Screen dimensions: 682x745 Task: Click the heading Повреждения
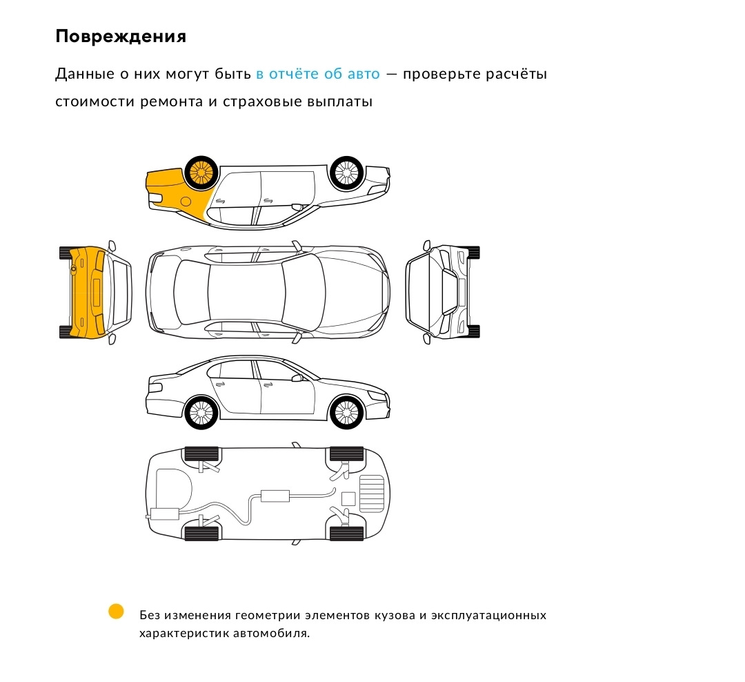pyautogui.click(x=121, y=37)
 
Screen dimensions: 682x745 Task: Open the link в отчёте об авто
pyautogui.click(x=318, y=74)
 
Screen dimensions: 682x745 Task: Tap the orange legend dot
pyautogui.click(x=116, y=612)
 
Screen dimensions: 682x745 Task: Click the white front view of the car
pyautogui.click(x=442, y=293)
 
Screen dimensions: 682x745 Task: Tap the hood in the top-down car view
pyautogui.click(x=352, y=293)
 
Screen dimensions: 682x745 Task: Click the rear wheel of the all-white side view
pyautogui.click(x=201, y=413)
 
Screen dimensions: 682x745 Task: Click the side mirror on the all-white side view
pyautogui.click(x=297, y=378)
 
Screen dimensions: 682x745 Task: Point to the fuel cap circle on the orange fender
pyautogui.click(x=185, y=202)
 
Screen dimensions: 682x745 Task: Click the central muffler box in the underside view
pyautogui.click(x=275, y=495)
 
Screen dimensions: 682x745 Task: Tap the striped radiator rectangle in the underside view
pyautogui.click(x=371, y=494)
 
